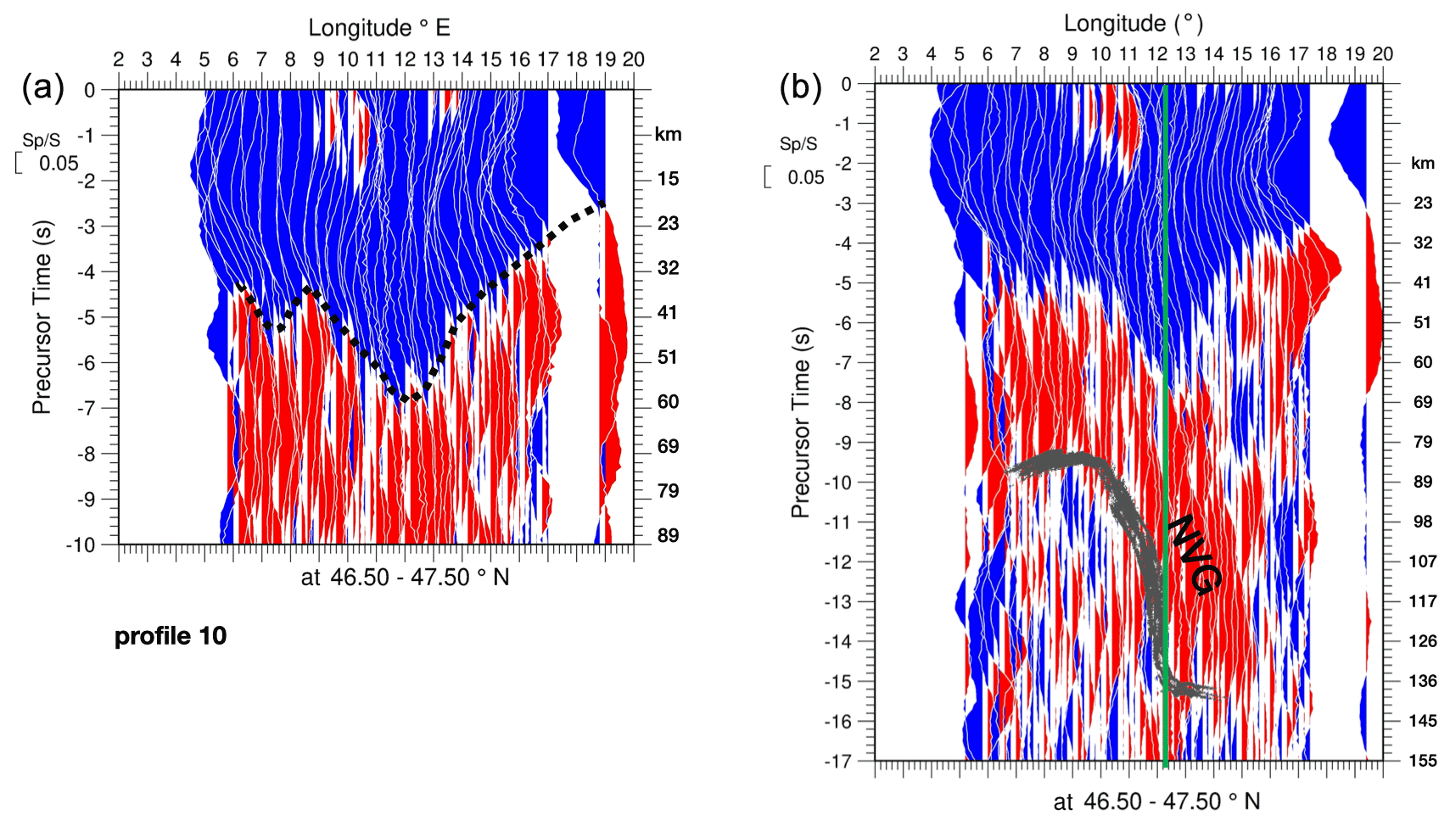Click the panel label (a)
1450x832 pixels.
coord(42,87)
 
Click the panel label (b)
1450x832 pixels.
coord(800,87)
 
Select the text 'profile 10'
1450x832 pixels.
coord(171,636)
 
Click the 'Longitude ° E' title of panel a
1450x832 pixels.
coord(378,28)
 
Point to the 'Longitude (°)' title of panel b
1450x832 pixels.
coord(1134,24)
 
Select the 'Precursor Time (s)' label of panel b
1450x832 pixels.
coord(799,422)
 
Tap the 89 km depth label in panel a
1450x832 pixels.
coord(668,535)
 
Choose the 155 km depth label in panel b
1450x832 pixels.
coord(1423,761)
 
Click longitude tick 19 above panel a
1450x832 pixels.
coord(605,59)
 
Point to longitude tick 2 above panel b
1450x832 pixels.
coord(875,54)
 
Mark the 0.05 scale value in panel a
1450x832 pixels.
coord(59,164)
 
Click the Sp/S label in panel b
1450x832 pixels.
coord(798,144)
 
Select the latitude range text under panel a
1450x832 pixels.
coord(405,578)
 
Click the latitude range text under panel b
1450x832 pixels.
coord(1156,801)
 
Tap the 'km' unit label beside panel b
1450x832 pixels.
coord(1422,163)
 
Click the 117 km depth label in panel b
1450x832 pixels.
coord(1423,601)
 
